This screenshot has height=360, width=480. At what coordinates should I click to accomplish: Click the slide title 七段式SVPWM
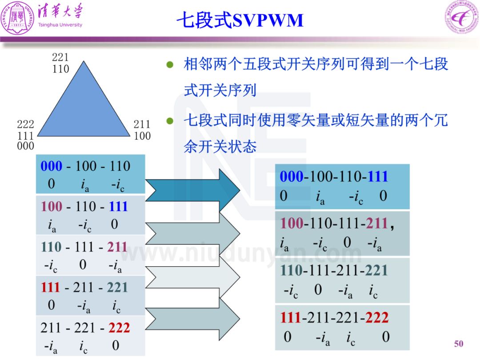pyautogui.click(x=240, y=20)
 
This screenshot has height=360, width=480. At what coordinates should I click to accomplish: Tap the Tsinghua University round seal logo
pyautogui.click(x=17, y=17)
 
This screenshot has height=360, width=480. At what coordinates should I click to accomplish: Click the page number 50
pyautogui.click(x=458, y=344)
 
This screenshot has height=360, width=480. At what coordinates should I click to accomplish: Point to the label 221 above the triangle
pyautogui.click(x=60, y=57)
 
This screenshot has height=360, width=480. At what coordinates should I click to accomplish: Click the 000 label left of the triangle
pyautogui.click(x=25, y=146)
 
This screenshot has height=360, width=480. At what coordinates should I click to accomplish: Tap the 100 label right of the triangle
pyautogui.click(x=142, y=136)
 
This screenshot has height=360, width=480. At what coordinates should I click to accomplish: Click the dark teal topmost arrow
pyautogui.click(x=192, y=190)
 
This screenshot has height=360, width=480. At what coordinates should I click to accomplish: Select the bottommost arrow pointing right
pyautogui.click(x=192, y=319)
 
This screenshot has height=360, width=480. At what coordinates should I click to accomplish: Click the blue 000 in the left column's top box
pyautogui.click(x=52, y=166)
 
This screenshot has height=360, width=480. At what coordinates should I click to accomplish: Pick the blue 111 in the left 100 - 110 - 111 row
pyautogui.click(x=118, y=206)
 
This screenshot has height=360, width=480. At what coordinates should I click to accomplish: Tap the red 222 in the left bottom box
pyautogui.click(x=119, y=328)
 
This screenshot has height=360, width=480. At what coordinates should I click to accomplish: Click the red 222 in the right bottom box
pyautogui.click(x=377, y=317)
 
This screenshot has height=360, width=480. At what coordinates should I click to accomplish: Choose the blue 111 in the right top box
pyautogui.click(x=378, y=176)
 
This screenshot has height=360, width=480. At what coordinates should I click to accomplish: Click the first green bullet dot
pyautogui.click(x=170, y=64)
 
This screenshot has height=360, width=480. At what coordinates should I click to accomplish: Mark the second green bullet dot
pyautogui.click(x=170, y=121)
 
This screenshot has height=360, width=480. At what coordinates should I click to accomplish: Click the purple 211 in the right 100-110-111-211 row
pyautogui.click(x=377, y=223)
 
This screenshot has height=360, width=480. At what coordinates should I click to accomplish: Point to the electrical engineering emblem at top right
pyautogui.click(x=462, y=17)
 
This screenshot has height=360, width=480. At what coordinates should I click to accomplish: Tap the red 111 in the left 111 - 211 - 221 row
pyautogui.click(x=50, y=288)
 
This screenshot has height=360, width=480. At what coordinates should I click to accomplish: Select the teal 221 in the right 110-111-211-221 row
pyautogui.click(x=377, y=270)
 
